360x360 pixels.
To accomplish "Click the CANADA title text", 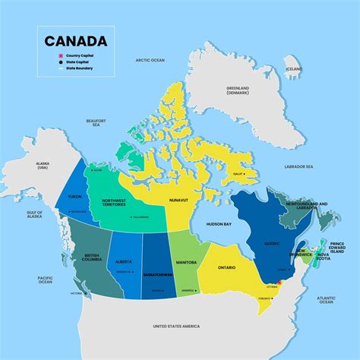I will pos(75,41).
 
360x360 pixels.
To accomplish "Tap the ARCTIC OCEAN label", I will pos(150,59).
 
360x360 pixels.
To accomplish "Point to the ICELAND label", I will pos(293,68).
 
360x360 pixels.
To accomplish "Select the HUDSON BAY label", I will pos(218,225).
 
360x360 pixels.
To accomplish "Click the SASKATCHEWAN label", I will pos(156,271).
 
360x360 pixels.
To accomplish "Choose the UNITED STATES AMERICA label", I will pos(175,325).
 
